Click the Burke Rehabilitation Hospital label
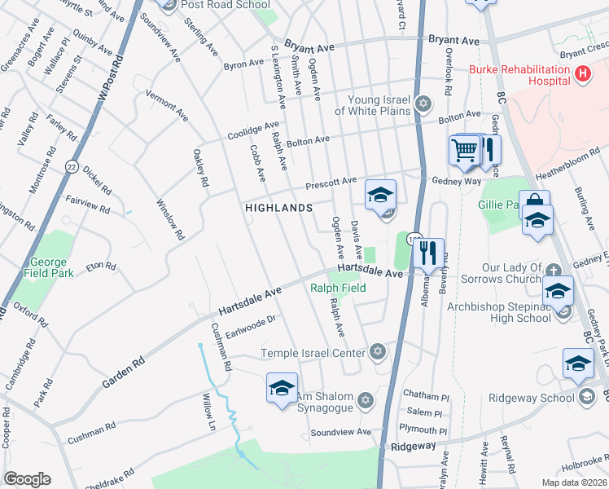(x=518, y=76)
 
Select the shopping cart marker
(x=464, y=150)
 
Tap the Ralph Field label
(x=338, y=288)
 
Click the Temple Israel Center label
(x=313, y=353)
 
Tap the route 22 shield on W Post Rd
(x=72, y=166)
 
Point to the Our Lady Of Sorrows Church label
(x=511, y=273)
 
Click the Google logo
(x=27, y=479)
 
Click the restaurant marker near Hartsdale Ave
(x=428, y=253)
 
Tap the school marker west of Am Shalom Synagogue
(x=282, y=388)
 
